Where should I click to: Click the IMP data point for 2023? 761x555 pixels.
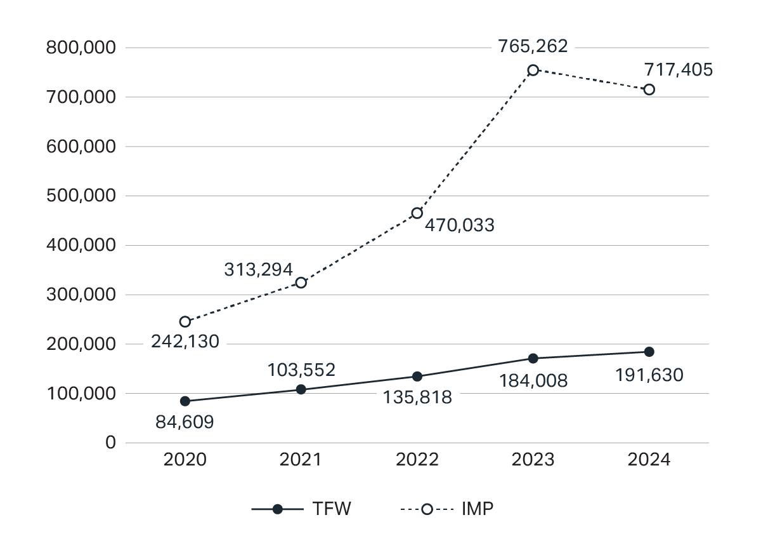click(533, 70)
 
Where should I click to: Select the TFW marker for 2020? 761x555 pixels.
click(185, 401)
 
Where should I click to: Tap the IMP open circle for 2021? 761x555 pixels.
click(301, 283)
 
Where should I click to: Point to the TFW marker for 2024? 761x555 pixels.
click(649, 352)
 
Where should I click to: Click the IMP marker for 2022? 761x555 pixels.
click(417, 213)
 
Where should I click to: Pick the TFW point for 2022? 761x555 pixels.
click(417, 377)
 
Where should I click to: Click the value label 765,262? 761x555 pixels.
click(533, 46)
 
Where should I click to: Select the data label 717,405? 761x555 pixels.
click(678, 69)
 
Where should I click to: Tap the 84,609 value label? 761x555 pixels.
click(185, 422)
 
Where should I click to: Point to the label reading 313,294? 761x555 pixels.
click(258, 269)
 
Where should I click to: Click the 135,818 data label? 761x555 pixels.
click(417, 398)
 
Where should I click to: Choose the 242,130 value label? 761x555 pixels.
click(185, 342)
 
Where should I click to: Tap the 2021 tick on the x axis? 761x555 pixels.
click(301, 460)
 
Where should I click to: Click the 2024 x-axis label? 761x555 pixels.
click(649, 460)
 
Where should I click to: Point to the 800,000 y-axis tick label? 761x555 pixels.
click(81, 48)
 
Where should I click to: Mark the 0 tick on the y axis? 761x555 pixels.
click(111, 443)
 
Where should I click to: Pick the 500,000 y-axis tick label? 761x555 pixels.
click(81, 196)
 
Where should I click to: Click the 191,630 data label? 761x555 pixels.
click(649, 375)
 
